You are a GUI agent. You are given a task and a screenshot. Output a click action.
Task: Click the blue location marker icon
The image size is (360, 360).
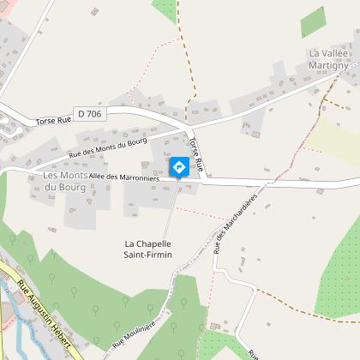[x=179, y=166]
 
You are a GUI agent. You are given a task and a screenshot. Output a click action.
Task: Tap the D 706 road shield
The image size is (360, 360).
[x=88, y=113]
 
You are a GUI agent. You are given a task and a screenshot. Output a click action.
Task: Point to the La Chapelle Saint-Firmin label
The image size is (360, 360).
[x=148, y=249]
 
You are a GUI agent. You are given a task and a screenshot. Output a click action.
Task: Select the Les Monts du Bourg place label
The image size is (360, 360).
[x=65, y=181]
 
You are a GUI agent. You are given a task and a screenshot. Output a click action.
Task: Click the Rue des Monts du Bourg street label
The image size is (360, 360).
[x=108, y=147]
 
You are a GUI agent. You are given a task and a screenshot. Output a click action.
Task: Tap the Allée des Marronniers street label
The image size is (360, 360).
[x=123, y=177]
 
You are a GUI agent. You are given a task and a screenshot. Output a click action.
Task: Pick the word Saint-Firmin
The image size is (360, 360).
[x=148, y=255]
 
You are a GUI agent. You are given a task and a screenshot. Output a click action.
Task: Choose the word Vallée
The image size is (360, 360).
[x=337, y=53]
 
